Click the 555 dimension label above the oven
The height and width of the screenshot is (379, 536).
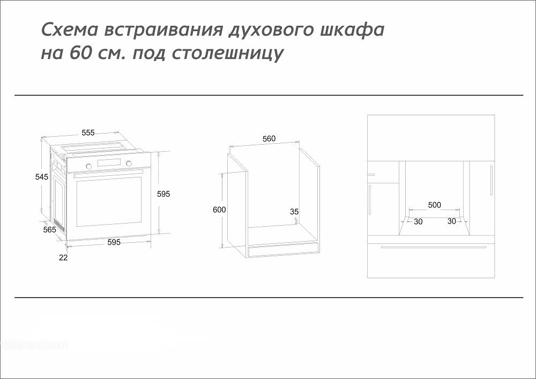88,132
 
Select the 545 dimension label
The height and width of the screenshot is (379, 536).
42,177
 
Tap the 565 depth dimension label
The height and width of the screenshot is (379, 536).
49,229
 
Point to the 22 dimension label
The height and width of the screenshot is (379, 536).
63,258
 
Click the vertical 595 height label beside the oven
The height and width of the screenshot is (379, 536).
163,194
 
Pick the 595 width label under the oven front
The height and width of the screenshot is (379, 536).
114,242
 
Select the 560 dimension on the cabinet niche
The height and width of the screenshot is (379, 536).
269,139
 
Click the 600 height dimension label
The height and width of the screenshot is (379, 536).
219,210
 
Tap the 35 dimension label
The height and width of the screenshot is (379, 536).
294,212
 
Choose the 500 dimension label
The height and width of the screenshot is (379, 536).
435,205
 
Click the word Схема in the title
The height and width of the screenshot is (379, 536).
69,30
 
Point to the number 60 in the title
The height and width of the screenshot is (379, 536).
81,54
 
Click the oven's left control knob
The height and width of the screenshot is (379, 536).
88,165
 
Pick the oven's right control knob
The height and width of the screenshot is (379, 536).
129,164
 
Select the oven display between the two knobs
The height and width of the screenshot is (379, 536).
109,163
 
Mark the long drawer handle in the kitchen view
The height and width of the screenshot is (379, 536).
434,247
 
